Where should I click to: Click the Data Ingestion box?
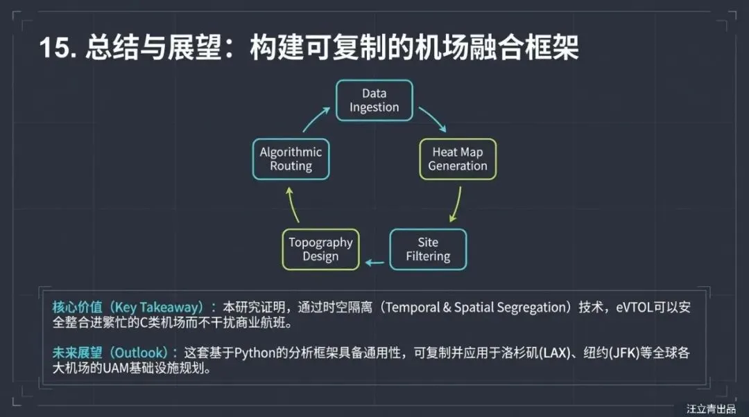pyautogui.click(x=374, y=100)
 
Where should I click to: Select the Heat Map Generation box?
pyautogui.click(x=458, y=159)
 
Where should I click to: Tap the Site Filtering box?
pyautogui.click(x=428, y=249)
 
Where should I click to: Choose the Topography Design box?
pyautogui.click(x=320, y=249)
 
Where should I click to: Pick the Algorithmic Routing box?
pyautogui.click(x=291, y=159)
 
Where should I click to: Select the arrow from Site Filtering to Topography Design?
pyautogui.click(x=374, y=263)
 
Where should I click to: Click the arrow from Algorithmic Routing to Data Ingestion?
pyautogui.click(x=316, y=119)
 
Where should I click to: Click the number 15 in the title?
pyautogui.click(x=55, y=49)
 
